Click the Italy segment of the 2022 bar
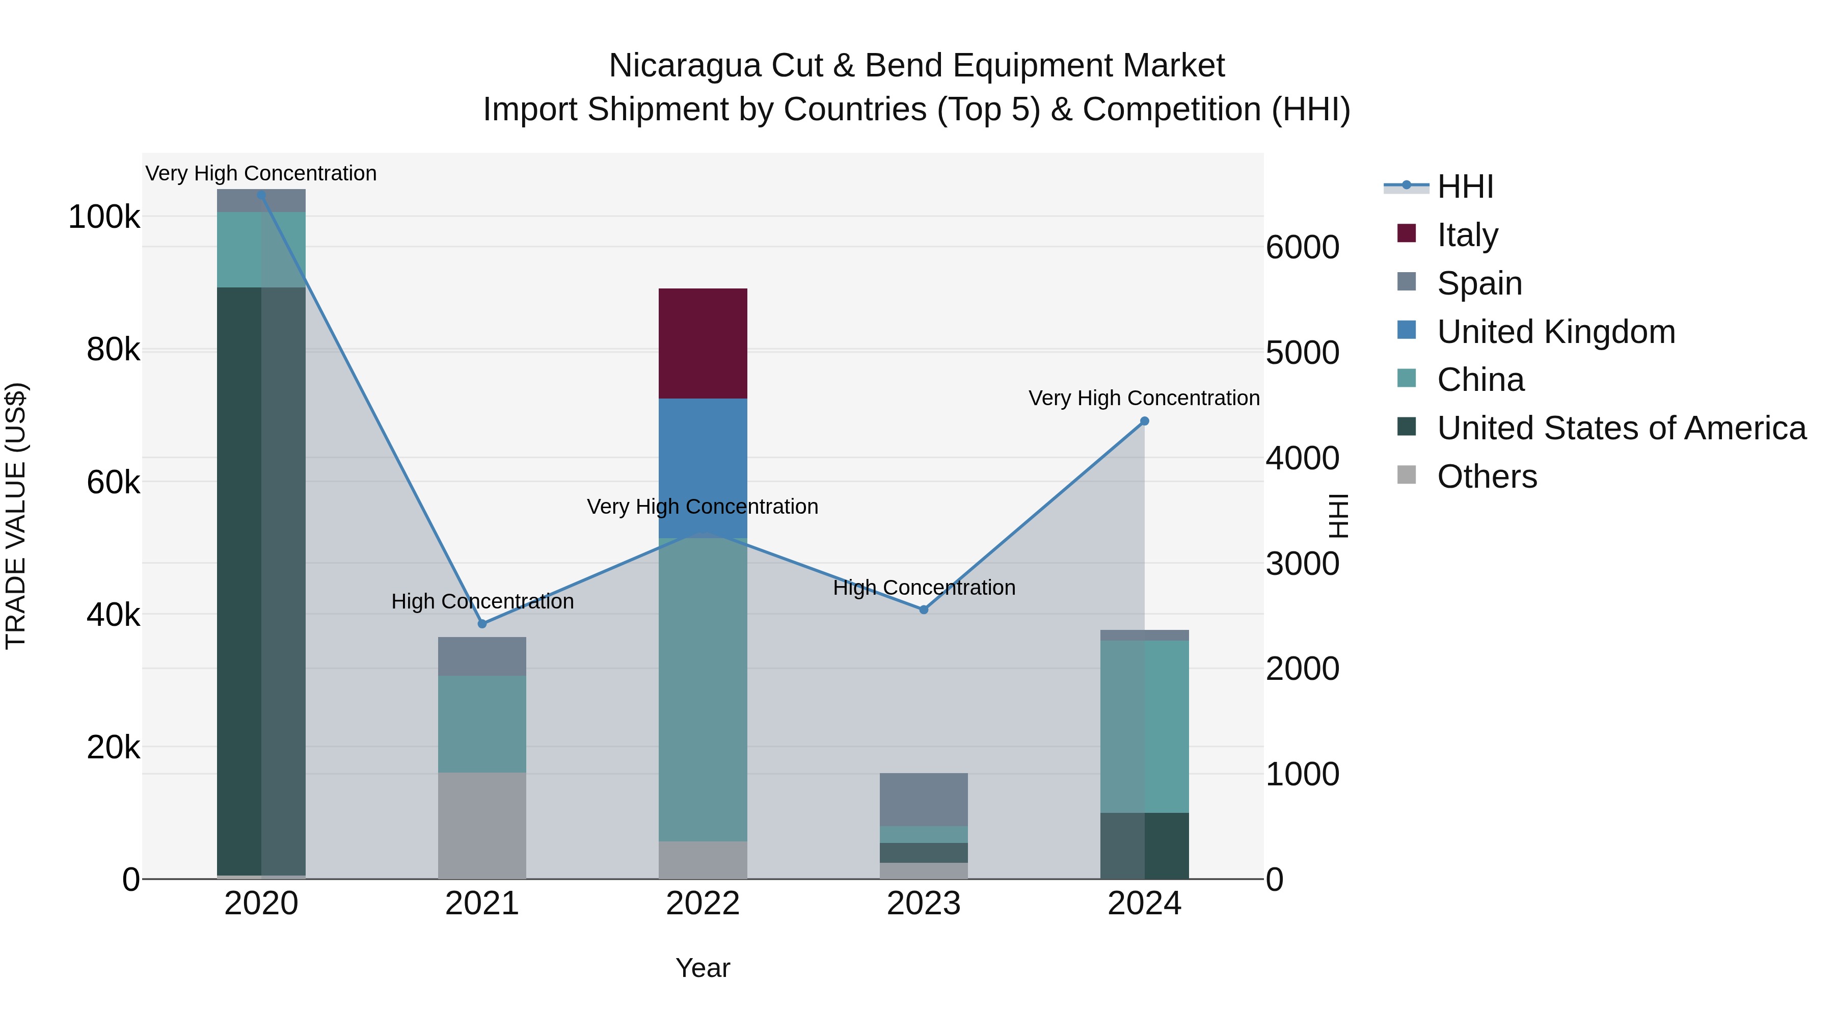point(702,343)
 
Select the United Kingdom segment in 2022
point(702,456)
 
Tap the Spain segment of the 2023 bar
point(924,799)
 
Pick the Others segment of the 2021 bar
point(481,826)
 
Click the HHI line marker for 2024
point(1144,421)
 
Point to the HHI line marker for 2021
point(482,624)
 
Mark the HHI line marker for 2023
point(924,610)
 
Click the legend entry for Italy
point(1467,234)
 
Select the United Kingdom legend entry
point(1556,331)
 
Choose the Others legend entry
point(1487,477)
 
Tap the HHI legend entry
point(1465,187)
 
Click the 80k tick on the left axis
point(113,350)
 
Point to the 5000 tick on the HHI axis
point(1302,353)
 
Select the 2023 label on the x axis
point(924,904)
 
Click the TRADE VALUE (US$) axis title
point(16,516)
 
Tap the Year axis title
point(702,968)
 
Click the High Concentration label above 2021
point(482,601)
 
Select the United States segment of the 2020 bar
point(260,580)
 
